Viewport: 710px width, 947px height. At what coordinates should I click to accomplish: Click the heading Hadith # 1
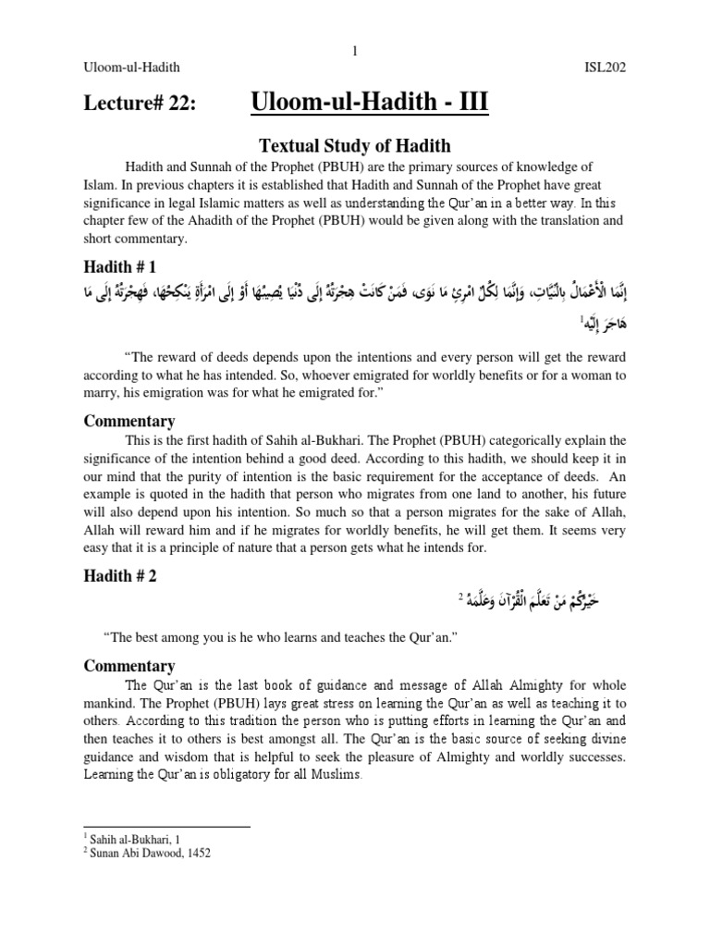pyautogui.click(x=120, y=267)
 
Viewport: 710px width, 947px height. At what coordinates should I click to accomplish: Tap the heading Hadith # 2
pyautogui.click(x=120, y=575)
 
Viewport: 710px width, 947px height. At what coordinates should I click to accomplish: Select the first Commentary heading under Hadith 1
pyautogui.click(x=129, y=421)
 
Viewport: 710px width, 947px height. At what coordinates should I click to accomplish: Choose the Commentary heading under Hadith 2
pyautogui.click(x=129, y=666)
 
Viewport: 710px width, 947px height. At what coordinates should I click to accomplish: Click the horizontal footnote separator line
pyautogui.click(x=166, y=826)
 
